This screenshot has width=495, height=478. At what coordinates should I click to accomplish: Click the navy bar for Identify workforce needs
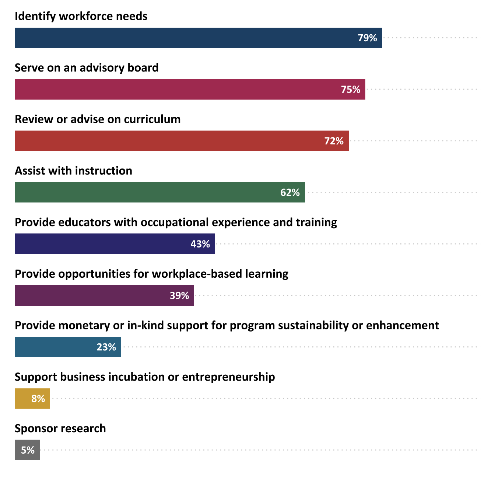click(184, 38)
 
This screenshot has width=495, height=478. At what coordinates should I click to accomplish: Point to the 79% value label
click(367, 38)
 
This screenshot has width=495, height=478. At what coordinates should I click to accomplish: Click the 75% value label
click(350, 90)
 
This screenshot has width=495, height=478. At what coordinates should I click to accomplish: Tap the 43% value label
click(200, 244)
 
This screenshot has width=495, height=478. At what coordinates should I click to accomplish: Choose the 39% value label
click(179, 295)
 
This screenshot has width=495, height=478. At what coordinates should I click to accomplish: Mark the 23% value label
click(106, 347)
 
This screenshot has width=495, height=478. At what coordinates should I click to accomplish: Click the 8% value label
click(38, 399)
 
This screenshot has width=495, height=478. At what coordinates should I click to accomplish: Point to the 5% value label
click(28, 450)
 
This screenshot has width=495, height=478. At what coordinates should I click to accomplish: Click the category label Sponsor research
click(60, 429)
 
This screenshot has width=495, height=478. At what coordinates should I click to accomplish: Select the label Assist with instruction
click(73, 171)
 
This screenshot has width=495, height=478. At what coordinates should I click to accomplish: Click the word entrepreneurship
click(228, 377)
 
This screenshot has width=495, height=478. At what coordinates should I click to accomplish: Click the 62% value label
click(290, 193)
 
